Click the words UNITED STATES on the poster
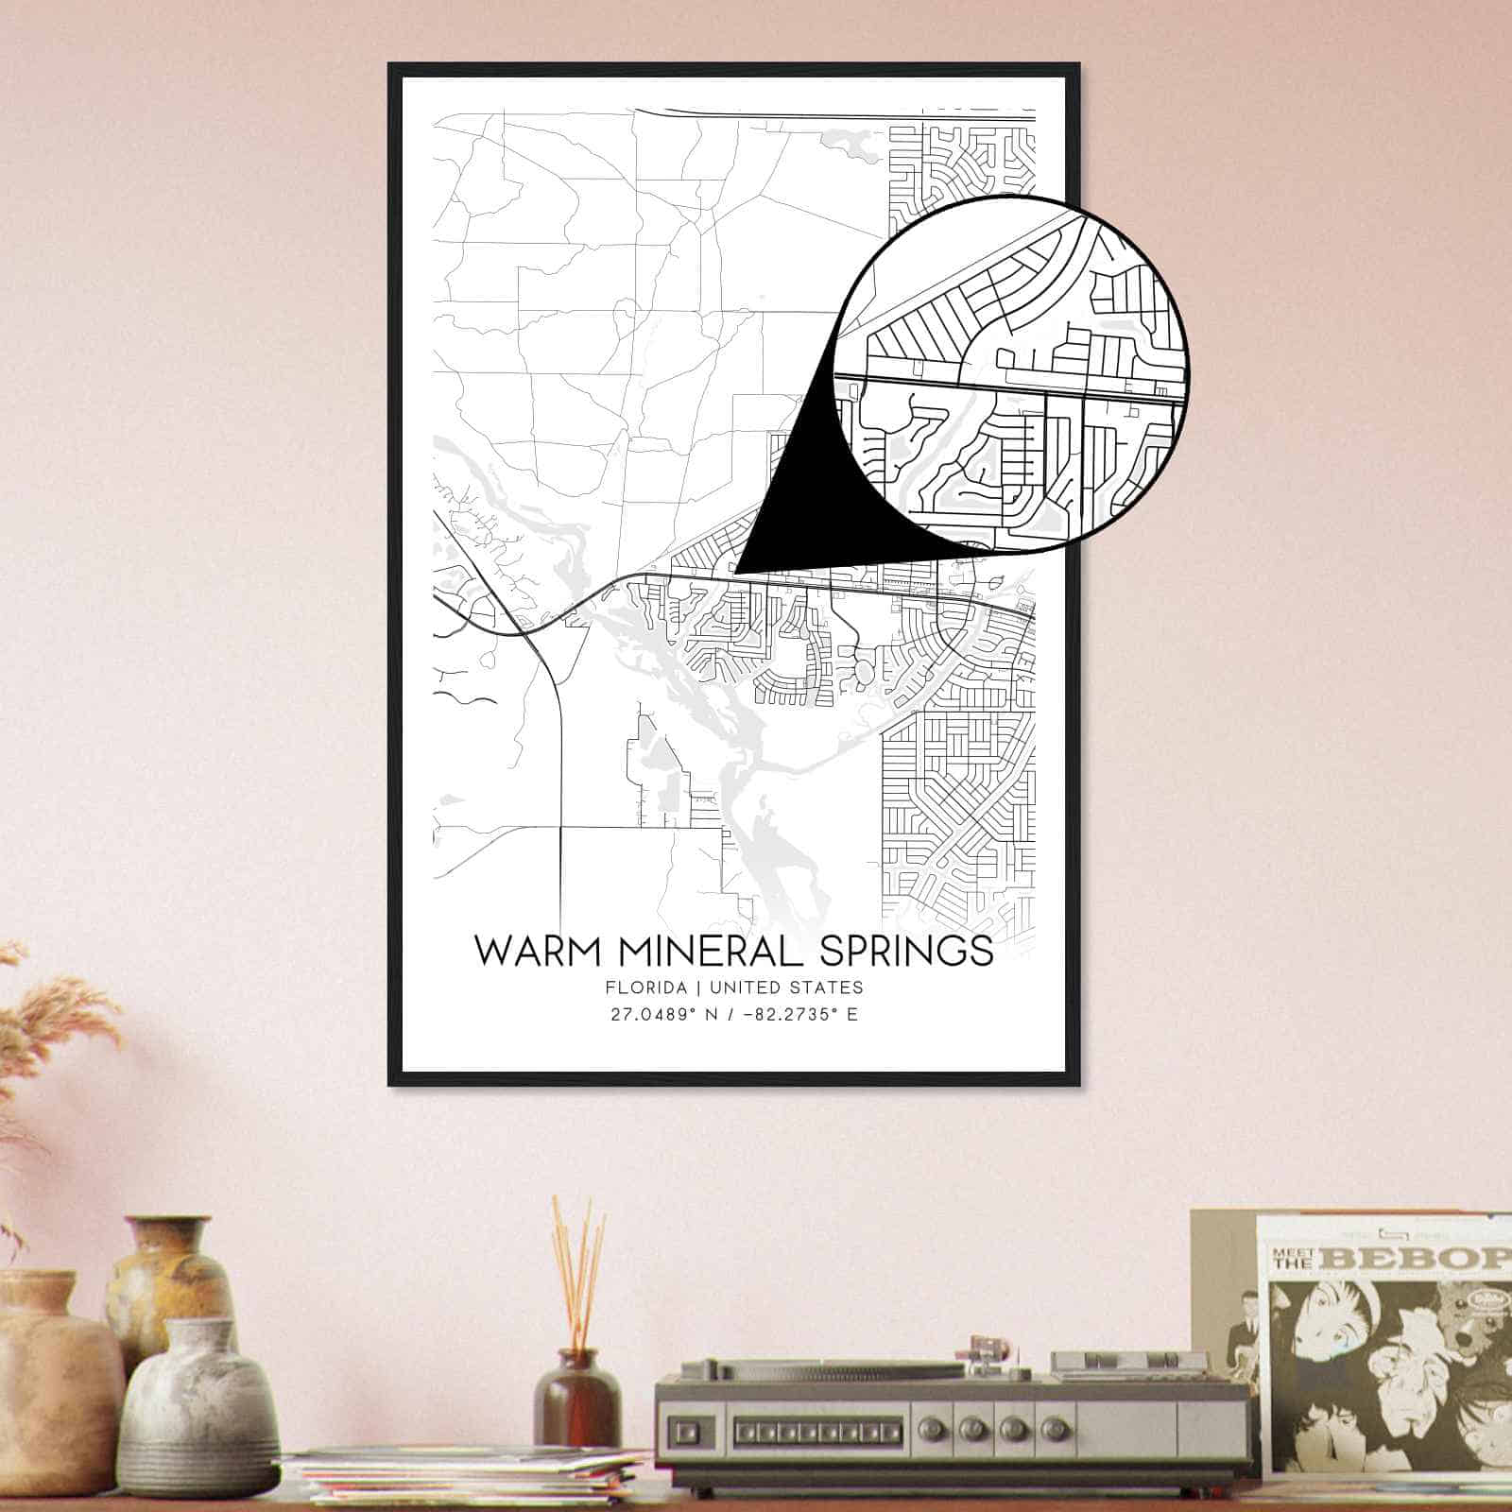pyautogui.click(x=786, y=988)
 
